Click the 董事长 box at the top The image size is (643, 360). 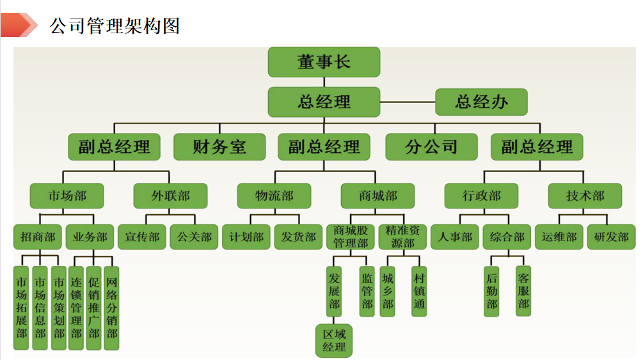(324, 62)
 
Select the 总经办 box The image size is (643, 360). (481, 102)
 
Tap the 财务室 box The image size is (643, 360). (219, 147)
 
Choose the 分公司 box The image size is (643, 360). (431, 147)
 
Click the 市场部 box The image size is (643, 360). (67, 196)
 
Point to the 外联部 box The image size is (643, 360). (170, 196)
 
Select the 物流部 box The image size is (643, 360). (274, 196)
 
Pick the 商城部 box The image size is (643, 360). (377, 196)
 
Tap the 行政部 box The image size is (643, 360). (481, 196)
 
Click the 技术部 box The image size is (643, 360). (585, 196)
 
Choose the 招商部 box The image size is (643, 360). (38, 237)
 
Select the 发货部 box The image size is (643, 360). (298, 237)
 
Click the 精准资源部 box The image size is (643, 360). (402, 237)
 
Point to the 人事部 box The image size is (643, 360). (454, 237)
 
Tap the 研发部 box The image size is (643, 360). (611, 237)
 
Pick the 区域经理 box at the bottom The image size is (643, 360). (334, 341)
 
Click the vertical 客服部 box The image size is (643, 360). (523, 291)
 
